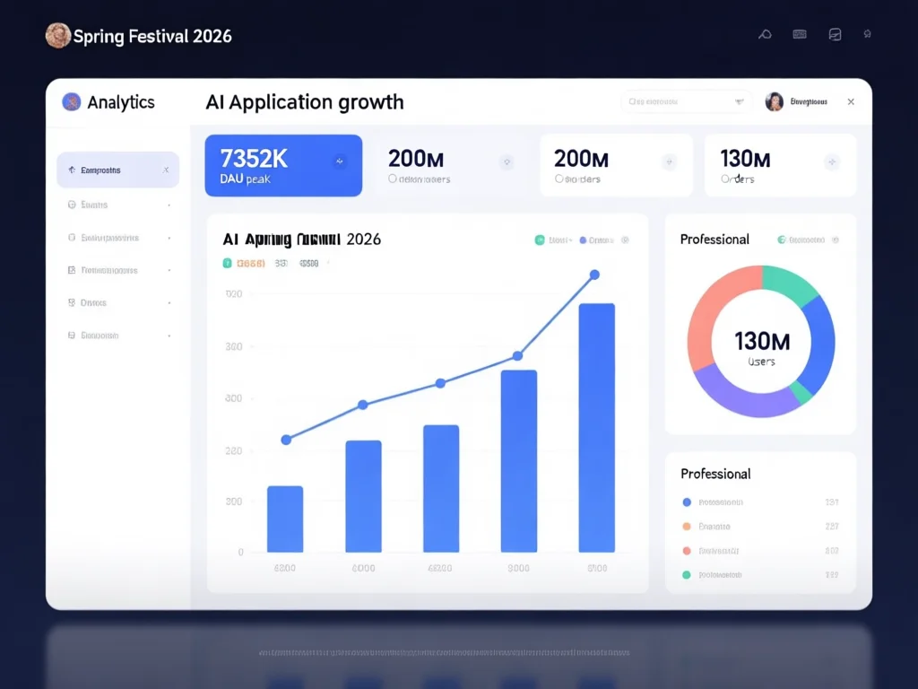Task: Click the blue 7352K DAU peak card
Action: pos(283,165)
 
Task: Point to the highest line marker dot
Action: pos(593,275)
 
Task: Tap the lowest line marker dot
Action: pos(286,440)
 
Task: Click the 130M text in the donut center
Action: pos(762,341)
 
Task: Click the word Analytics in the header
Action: pos(121,102)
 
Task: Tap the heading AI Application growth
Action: pos(305,102)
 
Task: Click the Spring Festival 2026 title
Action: pos(152,36)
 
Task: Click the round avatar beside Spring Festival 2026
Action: pos(57,36)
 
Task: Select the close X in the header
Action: pos(851,102)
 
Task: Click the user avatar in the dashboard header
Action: pos(774,102)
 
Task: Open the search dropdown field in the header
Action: pos(687,102)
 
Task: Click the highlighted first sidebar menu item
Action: pos(117,170)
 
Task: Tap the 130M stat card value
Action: pos(745,159)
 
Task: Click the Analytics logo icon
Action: pos(71,102)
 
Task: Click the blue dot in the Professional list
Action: pos(687,502)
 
